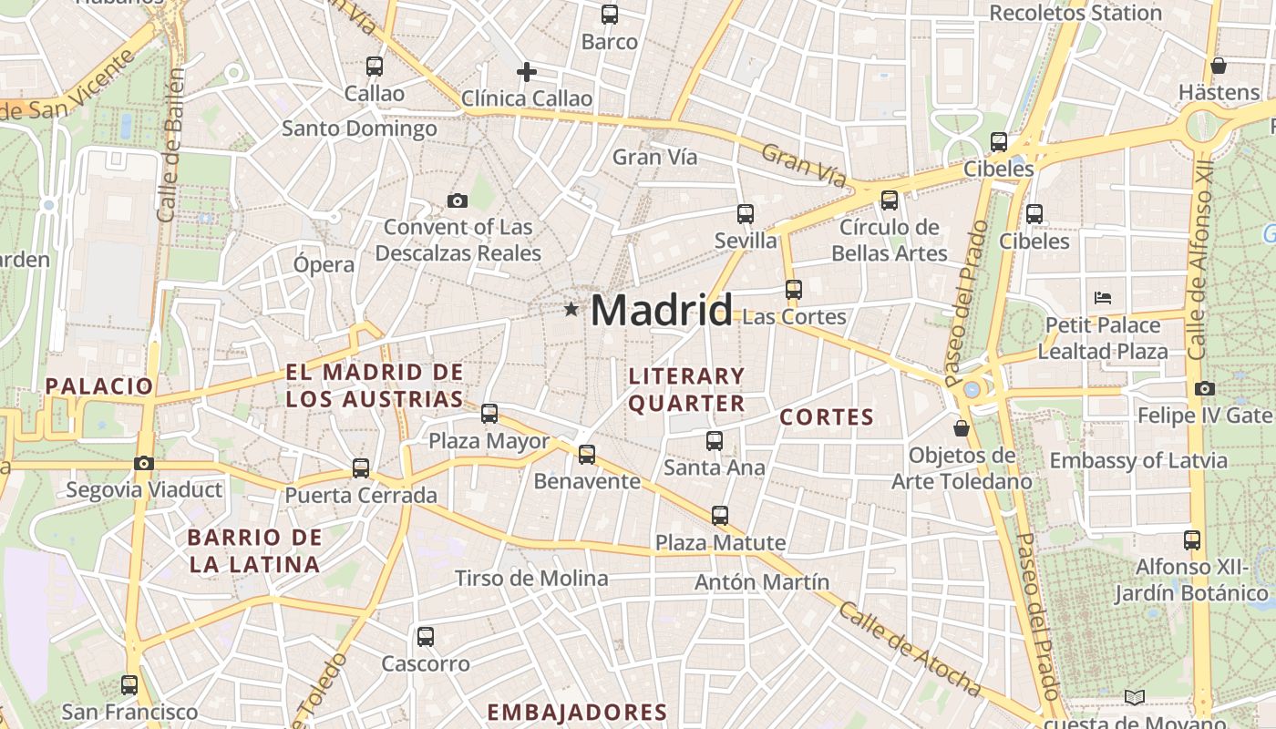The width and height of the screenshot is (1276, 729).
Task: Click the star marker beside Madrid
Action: click(571, 310)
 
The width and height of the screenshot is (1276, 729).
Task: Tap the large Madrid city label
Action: click(661, 311)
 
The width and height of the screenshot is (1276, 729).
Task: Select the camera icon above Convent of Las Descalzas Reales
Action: click(458, 200)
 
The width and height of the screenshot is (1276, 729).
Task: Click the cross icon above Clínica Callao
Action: click(526, 72)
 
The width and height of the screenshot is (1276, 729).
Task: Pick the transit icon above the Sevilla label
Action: click(746, 214)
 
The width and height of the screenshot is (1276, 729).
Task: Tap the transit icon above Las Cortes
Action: click(794, 290)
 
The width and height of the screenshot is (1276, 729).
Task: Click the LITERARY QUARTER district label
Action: click(686, 389)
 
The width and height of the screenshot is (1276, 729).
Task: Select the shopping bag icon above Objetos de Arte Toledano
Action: click(961, 427)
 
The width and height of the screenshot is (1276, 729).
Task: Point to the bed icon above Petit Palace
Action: click(1103, 297)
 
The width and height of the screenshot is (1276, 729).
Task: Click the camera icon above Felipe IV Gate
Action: click(1204, 388)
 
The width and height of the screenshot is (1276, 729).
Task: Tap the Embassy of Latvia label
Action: click(1138, 460)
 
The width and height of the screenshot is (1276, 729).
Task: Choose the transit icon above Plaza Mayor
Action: click(489, 414)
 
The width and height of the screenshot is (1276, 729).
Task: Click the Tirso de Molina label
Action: click(531, 579)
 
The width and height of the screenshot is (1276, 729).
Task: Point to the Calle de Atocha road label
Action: click(908, 649)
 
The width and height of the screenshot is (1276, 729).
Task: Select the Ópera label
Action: click(324, 265)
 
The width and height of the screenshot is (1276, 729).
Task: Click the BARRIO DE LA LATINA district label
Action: click(254, 550)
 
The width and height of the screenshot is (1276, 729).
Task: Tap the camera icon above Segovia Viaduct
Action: click(144, 463)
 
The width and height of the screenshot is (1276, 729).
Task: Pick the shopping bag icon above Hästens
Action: click(1219, 66)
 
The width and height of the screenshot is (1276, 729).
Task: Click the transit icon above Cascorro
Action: click(426, 637)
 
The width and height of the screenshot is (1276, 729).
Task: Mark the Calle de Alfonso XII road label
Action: click(1199, 264)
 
